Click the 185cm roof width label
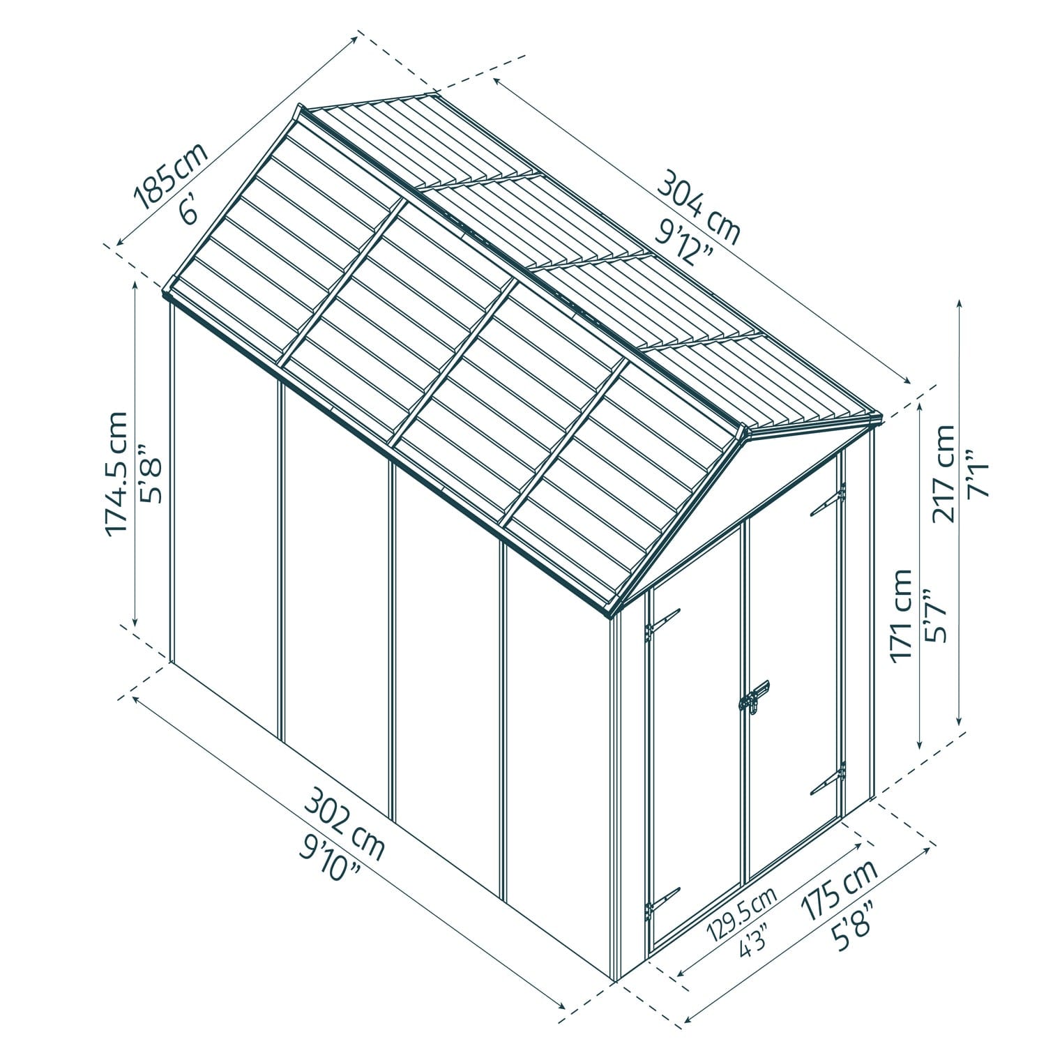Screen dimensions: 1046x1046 coord(172,177)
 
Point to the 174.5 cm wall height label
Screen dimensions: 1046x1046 coord(116,474)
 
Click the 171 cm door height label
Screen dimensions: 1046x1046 coord(902,614)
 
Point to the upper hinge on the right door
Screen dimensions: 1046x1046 coord(828,500)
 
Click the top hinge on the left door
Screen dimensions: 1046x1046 coord(662,623)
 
